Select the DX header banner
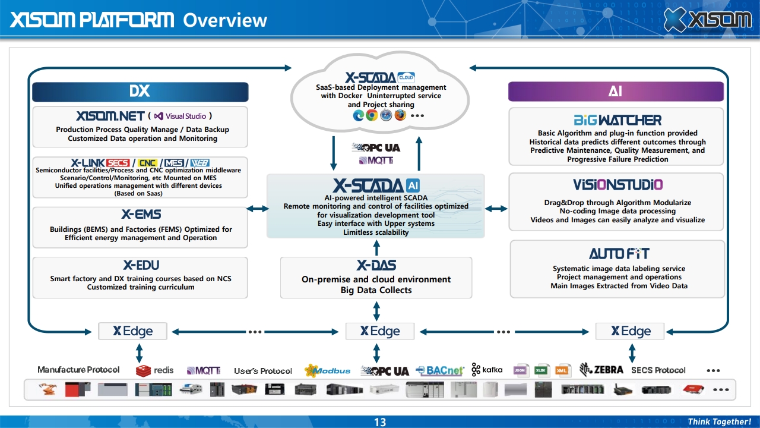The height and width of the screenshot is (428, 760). coord(140,92)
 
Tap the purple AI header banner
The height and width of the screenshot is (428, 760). coord(616,92)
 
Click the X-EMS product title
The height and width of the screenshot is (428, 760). coord(141,215)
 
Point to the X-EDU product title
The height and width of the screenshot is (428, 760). coord(141,265)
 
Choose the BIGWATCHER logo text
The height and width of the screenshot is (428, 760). coord(617,120)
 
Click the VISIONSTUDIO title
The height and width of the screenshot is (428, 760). coord(617,185)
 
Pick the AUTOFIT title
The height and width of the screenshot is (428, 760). coord(619,254)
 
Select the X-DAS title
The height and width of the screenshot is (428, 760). coord(376,265)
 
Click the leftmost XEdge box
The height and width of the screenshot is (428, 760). coord(133,331)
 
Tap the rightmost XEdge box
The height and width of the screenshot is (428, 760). coord(631,331)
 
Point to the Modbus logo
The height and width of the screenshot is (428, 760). coord(327,370)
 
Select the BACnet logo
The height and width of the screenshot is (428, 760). coord(440,370)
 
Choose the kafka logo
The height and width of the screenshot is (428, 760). coord(487,370)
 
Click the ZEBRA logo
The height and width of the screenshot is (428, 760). coord(601,370)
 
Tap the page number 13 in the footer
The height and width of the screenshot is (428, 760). coord(380,422)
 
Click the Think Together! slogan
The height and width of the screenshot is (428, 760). coord(719,422)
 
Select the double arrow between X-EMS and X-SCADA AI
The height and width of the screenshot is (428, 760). coord(258,209)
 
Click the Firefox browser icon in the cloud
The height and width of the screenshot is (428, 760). coord(400,115)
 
